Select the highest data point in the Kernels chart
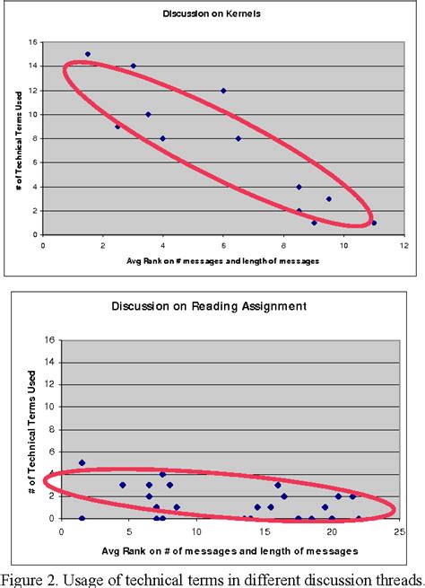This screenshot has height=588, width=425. (x=87, y=54)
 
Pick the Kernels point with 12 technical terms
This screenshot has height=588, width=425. (x=223, y=91)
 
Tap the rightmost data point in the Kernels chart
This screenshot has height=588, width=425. (x=374, y=223)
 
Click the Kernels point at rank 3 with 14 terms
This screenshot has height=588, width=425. (x=133, y=66)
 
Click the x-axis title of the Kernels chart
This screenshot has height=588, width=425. (x=223, y=261)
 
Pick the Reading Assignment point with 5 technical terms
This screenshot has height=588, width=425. (x=82, y=463)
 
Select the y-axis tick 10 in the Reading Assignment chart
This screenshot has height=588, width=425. (x=51, y=407)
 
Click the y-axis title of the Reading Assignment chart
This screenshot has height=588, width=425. (x=32, y=431)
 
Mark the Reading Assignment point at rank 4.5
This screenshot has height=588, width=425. (x=122, y=485)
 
